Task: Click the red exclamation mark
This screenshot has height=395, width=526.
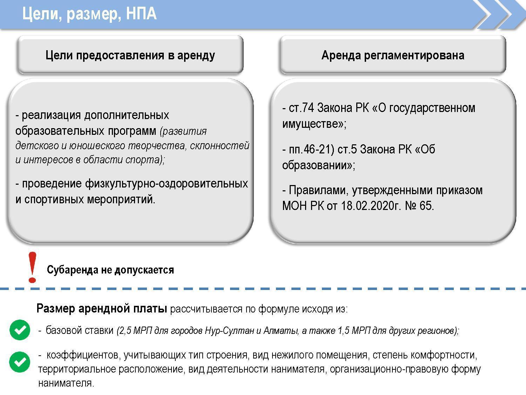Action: click(32, 267)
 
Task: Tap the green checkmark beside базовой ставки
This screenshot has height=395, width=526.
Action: click(20, 330)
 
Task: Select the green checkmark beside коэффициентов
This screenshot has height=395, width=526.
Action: click(20, 362)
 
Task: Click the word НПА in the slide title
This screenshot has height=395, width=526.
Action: click(141, 13)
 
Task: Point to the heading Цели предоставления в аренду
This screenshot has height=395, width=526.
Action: click(130, 55)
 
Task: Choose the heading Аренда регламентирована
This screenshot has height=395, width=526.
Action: click(393, 55)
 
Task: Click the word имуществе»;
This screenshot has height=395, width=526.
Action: click(314, 124)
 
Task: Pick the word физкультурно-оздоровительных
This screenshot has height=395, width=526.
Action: click(167, 184)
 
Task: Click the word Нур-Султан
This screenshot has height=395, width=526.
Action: click(229, 330)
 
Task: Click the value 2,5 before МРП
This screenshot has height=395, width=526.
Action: click(125, 331)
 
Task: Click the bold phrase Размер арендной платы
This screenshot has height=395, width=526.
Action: click(102, 308)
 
